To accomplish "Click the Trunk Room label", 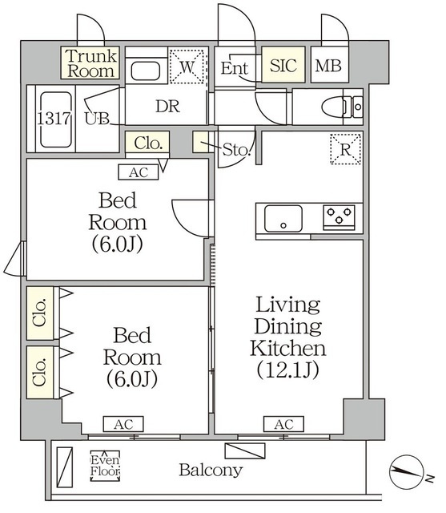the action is [x=90, y=63].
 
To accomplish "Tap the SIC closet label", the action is [x=283, y=65].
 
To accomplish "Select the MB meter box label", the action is [x=328, y=66].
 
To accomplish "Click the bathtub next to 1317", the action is [x=56, y=119].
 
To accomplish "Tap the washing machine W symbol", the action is [x=187, y=67].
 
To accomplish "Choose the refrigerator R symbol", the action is [x=345, y=149].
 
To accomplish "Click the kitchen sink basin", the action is [x=283, y=219].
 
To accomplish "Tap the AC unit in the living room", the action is [x=284, y=424].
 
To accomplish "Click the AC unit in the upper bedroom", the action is [x=139, y=172].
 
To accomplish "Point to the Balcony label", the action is [x=211, y=471].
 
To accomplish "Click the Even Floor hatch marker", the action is [x=105, y=466].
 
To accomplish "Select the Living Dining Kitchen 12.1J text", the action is [x=288, y=337].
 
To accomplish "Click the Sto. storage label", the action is [x=236, y=150].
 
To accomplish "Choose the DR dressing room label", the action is [x=167, y=107].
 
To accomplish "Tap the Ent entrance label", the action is [x=235, y=68].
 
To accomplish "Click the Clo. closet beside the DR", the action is [x=148, y=143].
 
